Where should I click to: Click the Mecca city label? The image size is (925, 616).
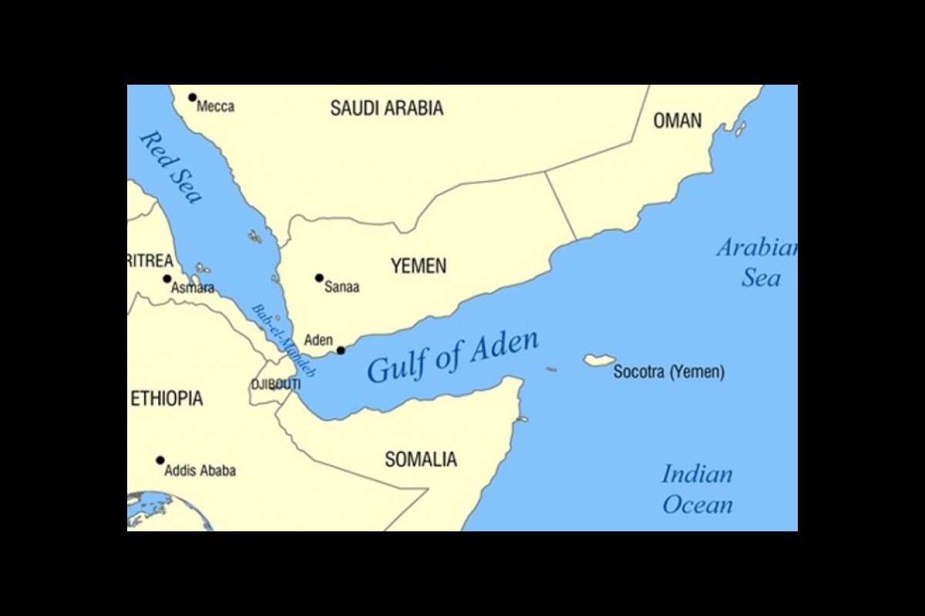(x=215, y=107)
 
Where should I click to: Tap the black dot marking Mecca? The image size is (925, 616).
(x=192, y=97)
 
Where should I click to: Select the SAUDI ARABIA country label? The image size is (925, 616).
(x=387, y=109)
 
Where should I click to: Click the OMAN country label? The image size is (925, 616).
(x=678, y=121)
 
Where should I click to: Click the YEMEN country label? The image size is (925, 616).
(x=418, y=266)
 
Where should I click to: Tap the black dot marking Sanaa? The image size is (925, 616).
(x=319, y=277)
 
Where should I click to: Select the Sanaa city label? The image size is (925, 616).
(x=341, y=287)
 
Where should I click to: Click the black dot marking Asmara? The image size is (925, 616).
(x=166, y=279)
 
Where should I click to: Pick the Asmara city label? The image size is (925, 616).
(x=193, y=289)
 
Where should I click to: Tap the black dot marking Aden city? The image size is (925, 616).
(x=341, y=350)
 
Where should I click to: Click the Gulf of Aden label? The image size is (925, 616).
(x=452, y=357)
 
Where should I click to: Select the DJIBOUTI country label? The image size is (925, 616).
(x=275, y=384)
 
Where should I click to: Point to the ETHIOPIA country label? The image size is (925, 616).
(x=166, y=399)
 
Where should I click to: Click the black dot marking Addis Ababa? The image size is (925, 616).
(x=160, y=460)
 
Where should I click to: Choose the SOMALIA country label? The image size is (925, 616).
(x=421, y=460)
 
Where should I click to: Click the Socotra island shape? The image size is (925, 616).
(x=599, y=360)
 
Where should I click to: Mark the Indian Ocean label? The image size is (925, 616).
(x=697, y=490)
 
